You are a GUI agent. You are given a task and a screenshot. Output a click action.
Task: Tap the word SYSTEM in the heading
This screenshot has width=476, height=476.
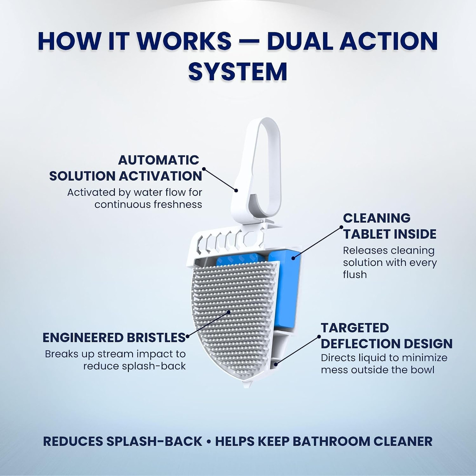tap(238, 71)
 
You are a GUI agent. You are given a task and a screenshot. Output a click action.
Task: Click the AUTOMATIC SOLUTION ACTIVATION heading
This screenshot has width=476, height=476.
tap(126, 168)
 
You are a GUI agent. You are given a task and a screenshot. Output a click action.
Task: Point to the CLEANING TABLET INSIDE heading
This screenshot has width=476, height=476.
tap(390, 226)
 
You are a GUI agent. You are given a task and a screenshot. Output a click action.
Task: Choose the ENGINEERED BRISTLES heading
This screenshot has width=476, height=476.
tap(114, 338)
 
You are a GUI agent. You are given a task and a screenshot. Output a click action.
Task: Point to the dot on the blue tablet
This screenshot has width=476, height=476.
tap(293, 258)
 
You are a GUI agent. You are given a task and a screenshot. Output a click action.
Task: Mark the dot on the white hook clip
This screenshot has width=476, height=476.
tap(236, 190)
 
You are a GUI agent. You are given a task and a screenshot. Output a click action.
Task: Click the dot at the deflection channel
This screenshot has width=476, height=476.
tap(276, 364)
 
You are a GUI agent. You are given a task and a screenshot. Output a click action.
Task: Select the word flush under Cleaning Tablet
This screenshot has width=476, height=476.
tap(355, 275)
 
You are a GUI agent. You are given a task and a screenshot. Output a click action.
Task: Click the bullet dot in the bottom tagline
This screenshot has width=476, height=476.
tap(209, 442)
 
